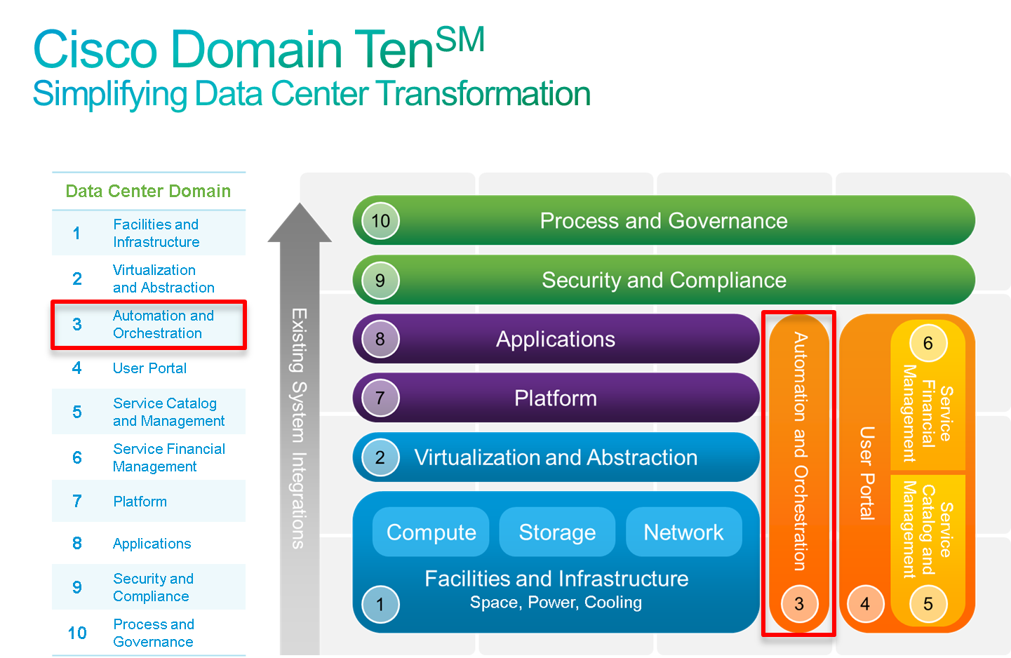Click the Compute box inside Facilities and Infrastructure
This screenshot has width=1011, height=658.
(x=431, y=532)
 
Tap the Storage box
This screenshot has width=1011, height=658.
(x=557, y=532)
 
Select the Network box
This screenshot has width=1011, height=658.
(x=683, y=532)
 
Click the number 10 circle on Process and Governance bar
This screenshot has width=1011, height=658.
(x=380, y=221)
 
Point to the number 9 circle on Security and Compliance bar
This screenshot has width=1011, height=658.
(x=380, y=281)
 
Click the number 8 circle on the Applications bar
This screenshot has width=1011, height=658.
(x=380, y=340)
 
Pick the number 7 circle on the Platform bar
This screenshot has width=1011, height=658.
(x=380, y=398)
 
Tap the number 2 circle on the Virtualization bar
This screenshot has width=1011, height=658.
(x=380, y=457)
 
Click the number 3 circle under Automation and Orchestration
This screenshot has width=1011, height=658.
(x=798, y=604)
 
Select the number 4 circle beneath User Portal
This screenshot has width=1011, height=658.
(x=864, y=604)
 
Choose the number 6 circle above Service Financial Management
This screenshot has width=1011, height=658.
(x=928, y=343)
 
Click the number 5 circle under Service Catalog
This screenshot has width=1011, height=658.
(x=928, y=604)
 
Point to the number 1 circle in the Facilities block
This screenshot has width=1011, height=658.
(x=380, y=604)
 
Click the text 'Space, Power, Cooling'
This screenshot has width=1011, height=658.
(x=556, y=603)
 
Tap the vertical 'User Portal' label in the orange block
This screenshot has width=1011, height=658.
(x=867, y=474)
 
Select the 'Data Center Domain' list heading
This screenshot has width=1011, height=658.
(x=148, y=191)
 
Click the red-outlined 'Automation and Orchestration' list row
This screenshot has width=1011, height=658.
(x=149, y=325)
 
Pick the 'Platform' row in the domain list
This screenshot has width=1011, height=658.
(x=149, y=502)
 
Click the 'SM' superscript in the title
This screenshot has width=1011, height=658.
(x=460, y=39)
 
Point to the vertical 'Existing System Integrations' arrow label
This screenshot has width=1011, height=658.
(x=299, y=428)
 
